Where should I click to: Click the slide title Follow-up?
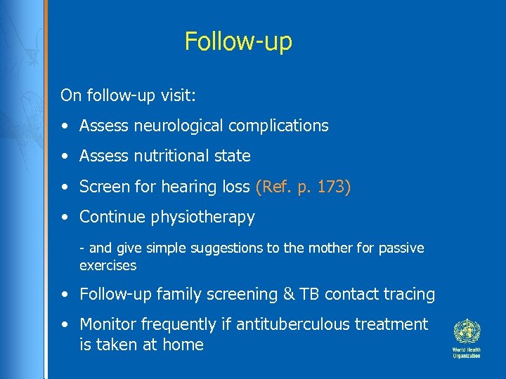tap(238, 41)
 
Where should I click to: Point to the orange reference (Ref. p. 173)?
tap(304, 187)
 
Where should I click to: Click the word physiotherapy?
tap(203, 217)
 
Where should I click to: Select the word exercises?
tap(108, 265)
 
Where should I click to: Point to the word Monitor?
tap(108, 324)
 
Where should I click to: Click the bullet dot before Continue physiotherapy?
tap(65, 218)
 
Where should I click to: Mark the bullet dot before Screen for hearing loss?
tap(65, 187)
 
